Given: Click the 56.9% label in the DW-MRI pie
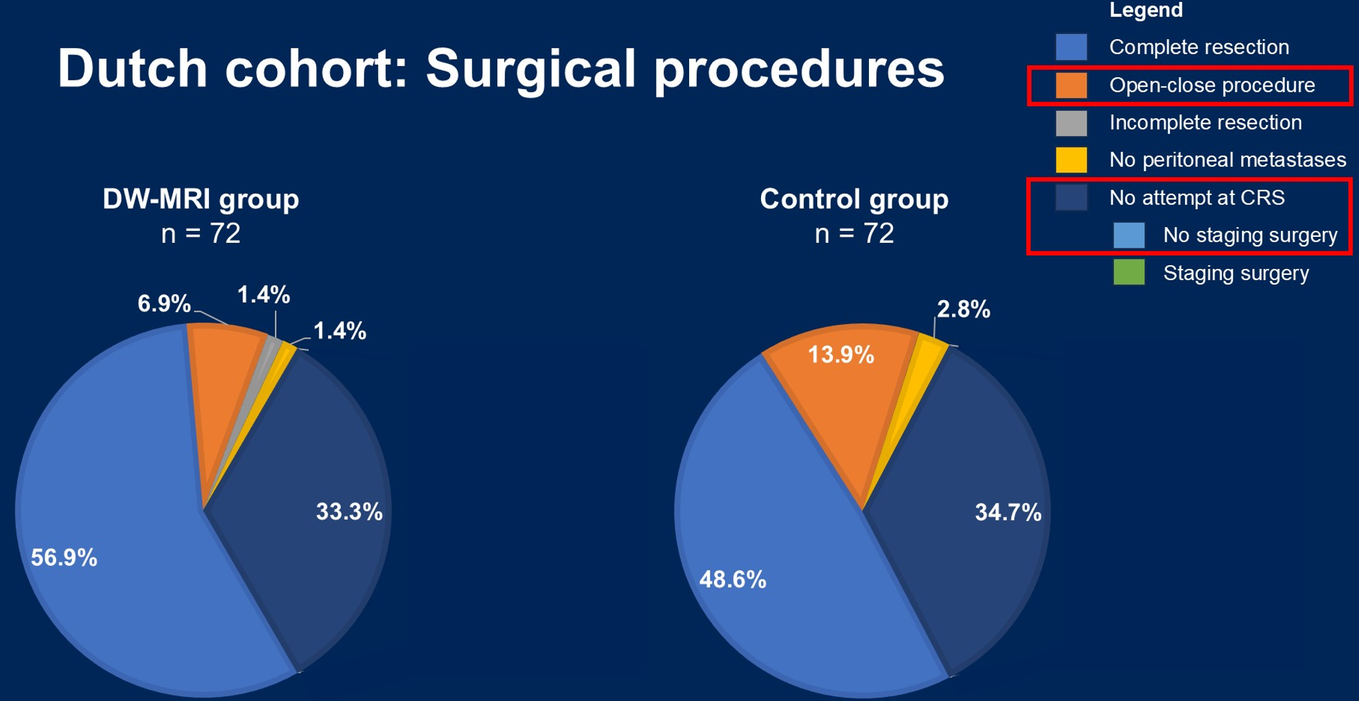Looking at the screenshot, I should click(x=64, y=558).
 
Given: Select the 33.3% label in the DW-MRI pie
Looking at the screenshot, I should click(x=349, y=512).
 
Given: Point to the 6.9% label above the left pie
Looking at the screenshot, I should click(x=164, y=304).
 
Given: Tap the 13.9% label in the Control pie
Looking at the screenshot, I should click(x=841, y=355).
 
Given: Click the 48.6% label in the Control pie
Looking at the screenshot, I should click(x=732, y=580).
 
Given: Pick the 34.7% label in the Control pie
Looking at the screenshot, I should click(x=1008, y=513).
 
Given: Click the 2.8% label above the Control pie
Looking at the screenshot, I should click(x=963, y=310).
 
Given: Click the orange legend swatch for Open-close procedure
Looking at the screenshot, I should click(x=1071, y=86).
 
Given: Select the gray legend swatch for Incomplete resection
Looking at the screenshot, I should click(x=1071, y=123).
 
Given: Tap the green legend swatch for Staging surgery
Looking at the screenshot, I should click(x=1129, y=273).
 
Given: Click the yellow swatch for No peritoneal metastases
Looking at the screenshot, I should click(x=1071, y=160).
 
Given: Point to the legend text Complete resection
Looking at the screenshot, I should click(x=1199, y=47).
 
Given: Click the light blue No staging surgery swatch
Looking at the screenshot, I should click(x=1129, y=236).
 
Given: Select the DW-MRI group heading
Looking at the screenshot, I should click(x=200, y=199).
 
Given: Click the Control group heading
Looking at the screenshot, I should click(x=854, y=199).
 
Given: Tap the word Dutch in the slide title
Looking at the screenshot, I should click(x=133, y=69).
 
